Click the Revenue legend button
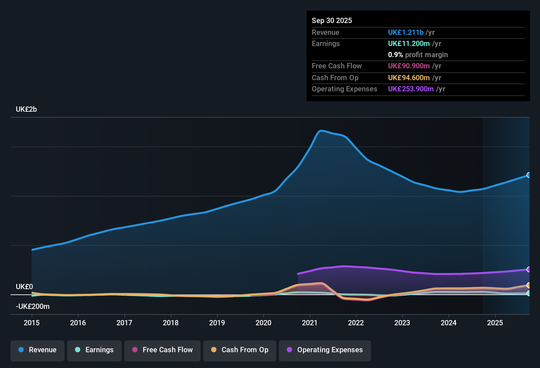pyautogui.click(x=37, y=350)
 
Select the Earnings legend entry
pyautogui.click(x=94, y=350)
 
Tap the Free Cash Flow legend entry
pyautogui.click(x=162, y=350)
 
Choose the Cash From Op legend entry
pyautogui.click(x=240, y=350)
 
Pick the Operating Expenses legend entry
pyautogui.click(x=325, y=350)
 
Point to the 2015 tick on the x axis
pyautogui.click(x=32, y=323)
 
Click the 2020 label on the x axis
pyautogui.click(x=263, y=323)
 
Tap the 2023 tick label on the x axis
pyautogui.click(x=402, y=323)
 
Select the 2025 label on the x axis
pyautogui.click(x=495, y=323)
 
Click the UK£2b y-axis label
pyautogui.click(x=26, y=109)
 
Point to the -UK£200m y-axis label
pyautogui.click(x=33, y=307)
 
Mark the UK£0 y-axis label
pyautogui.click(x=24, y=287)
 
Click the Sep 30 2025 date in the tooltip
pyautogui.click(x=332, y=21)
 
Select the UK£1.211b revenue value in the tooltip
pyautogui.click(x=405, y=33)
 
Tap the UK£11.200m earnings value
pyautogui.click(x=409, y=44)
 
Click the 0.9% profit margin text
pyautogui.click(x=418, y=55)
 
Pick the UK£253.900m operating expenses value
pyautogui.click(x=411, y=89)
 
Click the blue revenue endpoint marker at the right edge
pyautogui.click(x=528, y=175)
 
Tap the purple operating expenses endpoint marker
pyautogui.click(x=528, y=269)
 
